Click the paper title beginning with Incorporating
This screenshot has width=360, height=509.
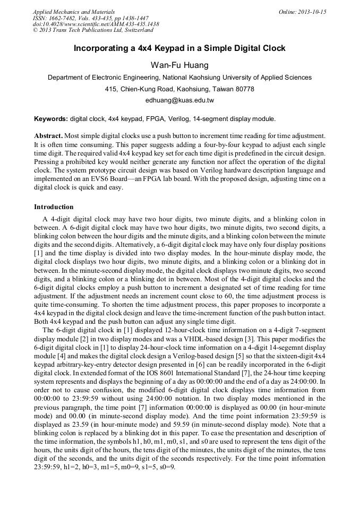[x=179, y=48]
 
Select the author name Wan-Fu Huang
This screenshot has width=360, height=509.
[x=179, y=65]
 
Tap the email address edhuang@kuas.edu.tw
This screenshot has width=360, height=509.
[x=179, y=100]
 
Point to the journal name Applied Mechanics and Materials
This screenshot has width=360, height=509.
[x=74, y=12]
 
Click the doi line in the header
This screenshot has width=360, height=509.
[x=96, y=24]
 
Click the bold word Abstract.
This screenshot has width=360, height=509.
[x=49, y=136]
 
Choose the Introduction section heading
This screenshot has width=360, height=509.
[x=54, y=206]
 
